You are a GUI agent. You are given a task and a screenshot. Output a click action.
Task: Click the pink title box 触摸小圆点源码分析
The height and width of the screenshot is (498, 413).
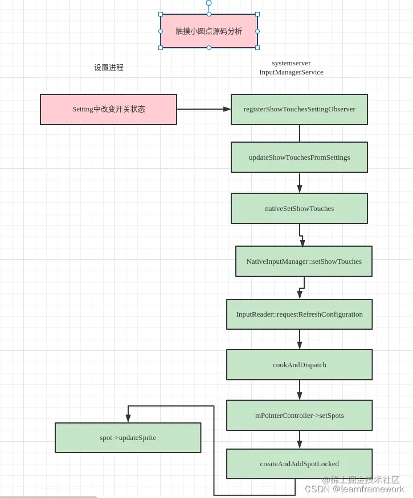point(208,31)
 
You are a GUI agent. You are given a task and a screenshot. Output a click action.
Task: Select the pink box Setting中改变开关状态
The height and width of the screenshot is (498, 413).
point(108,109)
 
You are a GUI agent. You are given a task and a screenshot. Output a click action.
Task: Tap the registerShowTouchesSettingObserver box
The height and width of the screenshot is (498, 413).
point(299,109)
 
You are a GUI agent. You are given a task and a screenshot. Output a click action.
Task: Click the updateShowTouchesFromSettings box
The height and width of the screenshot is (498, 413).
point(299,157)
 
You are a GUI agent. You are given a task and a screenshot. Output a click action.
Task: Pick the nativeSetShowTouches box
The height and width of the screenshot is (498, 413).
point(299,209)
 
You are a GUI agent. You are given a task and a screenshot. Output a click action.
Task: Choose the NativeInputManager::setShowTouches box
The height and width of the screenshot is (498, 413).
point(304,262)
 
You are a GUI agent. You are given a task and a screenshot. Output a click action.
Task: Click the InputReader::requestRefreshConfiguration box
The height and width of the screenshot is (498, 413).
point(299,314)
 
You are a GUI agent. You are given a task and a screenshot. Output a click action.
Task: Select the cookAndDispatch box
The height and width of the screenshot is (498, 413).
point(299,365)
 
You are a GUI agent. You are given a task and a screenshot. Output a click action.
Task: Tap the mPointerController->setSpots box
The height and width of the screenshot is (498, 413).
point(299,416)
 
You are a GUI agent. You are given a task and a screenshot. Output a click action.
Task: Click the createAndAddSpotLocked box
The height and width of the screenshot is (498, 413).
point(299,464)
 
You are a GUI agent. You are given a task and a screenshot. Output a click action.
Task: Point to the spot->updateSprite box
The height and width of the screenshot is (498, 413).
point(128,438)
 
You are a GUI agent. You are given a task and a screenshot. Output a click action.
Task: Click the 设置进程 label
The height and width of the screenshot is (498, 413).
point(109,68)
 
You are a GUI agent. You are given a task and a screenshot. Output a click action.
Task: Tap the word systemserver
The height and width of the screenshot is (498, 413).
point(291,63)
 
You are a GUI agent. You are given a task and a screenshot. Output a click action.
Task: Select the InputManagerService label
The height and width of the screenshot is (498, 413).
point(291,72)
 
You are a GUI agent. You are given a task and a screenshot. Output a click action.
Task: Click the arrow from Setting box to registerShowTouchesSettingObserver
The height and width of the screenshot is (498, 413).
point(203,109)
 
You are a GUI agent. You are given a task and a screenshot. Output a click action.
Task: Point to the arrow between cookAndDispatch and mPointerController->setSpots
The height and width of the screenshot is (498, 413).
point(300,390)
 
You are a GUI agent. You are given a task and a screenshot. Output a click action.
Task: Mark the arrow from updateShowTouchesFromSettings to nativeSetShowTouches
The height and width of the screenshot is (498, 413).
point(300,182)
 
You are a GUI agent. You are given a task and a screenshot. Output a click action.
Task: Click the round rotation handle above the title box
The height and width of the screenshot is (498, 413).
point(208,3)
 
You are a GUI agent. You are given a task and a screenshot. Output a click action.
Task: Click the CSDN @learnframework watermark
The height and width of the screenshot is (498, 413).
point(354,489)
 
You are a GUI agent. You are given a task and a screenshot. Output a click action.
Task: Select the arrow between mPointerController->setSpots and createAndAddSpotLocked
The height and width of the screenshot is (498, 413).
point(300,439)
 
